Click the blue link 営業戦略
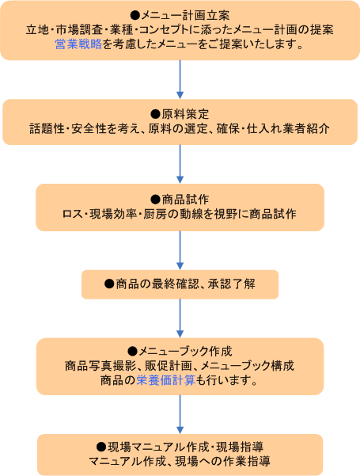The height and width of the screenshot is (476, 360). (78, 44)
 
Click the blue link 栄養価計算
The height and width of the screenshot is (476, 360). (166, 380)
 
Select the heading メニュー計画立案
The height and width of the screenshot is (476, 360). (185, 15)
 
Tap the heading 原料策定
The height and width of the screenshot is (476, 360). (185, 115)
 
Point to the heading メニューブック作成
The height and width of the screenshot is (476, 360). (185, 351)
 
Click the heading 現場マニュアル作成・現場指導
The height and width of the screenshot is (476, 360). (186, 447)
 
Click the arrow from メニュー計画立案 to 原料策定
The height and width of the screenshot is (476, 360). (180, 79)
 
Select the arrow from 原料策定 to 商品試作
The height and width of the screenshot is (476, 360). (180, 164)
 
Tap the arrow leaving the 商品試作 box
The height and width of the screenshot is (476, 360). (180, 250)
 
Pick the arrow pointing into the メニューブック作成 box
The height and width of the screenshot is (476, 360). (180, 318)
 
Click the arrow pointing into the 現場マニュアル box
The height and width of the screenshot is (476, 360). (180, 414)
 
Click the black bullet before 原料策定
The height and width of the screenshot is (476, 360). (156, 115)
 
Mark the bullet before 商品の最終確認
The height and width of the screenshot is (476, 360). (109, 284)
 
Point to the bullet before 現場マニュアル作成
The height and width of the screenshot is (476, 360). (101, 447)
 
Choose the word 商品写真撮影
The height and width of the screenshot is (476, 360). (100, 366)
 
